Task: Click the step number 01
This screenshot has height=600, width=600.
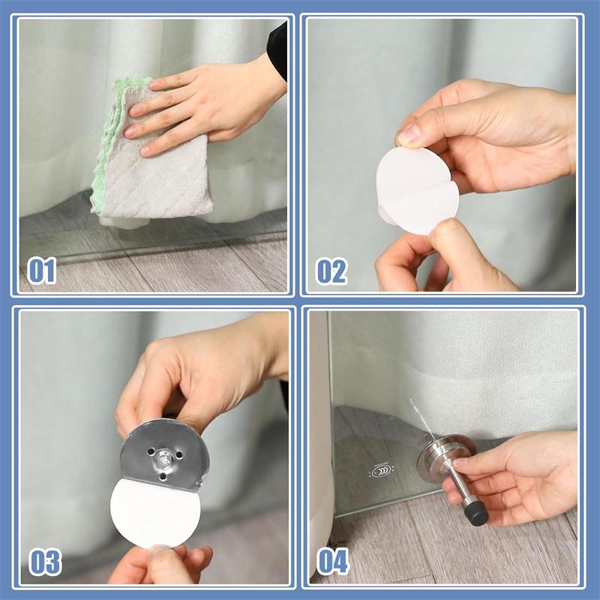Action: (x=42, y=271)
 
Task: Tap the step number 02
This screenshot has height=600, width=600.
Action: (x=331, y=271)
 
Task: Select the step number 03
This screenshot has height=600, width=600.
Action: (x=45, y=562)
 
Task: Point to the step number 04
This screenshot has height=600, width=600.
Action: (x=333, y=561)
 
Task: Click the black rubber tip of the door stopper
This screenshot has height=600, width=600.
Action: (x=476, y=514)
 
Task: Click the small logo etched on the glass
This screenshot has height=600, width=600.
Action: (x=381, y=471)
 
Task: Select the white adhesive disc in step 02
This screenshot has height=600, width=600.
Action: (x=416, y=190)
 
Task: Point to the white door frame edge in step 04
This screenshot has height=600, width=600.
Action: (x=319, y=440)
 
